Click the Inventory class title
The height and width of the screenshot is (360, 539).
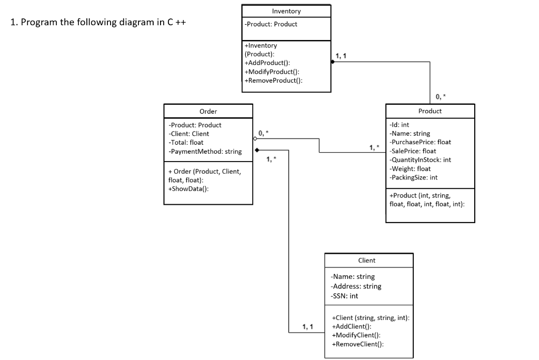click(286, 11)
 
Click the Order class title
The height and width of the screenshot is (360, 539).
click(208, 111)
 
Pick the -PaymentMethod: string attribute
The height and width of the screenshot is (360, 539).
click(205, 152)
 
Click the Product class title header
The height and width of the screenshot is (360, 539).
click(430, 111)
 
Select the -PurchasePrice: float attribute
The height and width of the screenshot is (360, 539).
click(420, 142)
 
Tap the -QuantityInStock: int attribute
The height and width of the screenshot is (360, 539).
click(420, 160)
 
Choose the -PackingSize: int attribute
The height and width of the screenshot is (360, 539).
click(413, 178)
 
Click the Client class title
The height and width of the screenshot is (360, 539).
click(366, 260)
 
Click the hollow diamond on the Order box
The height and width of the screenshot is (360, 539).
click(256, 138)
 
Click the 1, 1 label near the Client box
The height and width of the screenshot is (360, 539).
click(308, 327)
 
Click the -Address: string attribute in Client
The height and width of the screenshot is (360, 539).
click(356, 286)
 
